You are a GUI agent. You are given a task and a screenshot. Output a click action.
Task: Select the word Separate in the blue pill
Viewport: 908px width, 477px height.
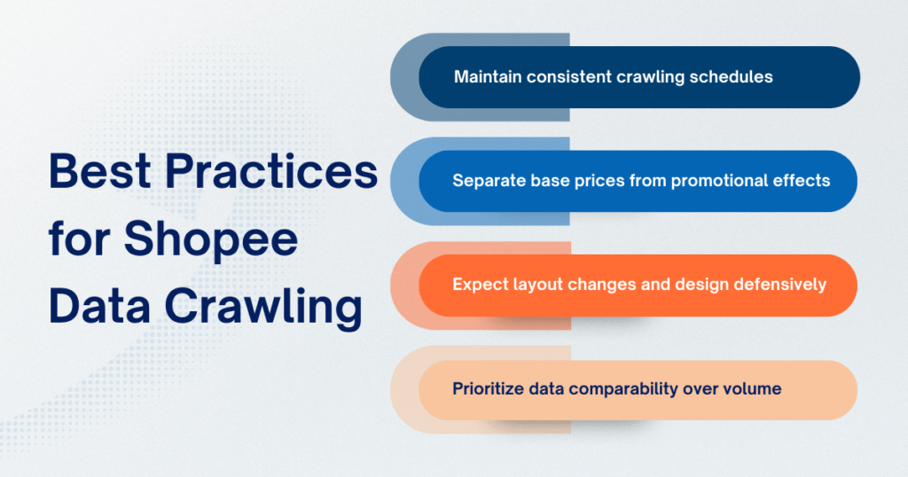486,180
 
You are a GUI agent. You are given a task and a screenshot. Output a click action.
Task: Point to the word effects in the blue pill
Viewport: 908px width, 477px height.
802,180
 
